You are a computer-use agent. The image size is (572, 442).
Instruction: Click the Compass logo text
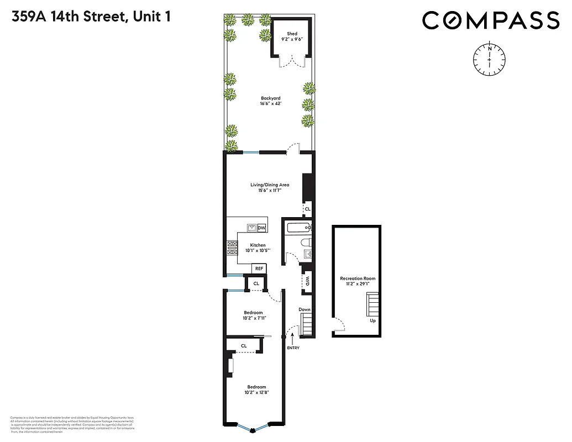(491, 21)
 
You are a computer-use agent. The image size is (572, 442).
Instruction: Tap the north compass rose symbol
(490, 57)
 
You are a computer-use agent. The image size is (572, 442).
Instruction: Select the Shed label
(291, 34)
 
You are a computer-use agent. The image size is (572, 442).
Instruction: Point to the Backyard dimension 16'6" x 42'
(271, 103)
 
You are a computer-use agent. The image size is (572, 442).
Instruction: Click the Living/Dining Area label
(270, 185)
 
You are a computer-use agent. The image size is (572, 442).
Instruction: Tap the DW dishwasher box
(261, 228)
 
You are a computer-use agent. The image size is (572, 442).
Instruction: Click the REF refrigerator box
(259, 269)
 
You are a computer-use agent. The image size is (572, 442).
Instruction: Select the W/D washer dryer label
(307, 280)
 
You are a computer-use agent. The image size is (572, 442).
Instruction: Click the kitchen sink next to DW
(250, 228)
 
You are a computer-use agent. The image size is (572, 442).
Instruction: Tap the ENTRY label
(292, 348)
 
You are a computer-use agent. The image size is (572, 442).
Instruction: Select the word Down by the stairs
(305, 309)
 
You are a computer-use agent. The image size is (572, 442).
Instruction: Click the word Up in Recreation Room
(373, 320)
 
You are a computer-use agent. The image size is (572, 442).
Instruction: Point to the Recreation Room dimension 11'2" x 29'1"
(358, 284)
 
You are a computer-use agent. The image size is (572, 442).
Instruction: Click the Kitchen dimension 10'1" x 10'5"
(258, 251)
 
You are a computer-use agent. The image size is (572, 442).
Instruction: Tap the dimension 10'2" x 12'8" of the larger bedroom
(256, 393)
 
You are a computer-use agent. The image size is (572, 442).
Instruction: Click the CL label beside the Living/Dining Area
(308, 209)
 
